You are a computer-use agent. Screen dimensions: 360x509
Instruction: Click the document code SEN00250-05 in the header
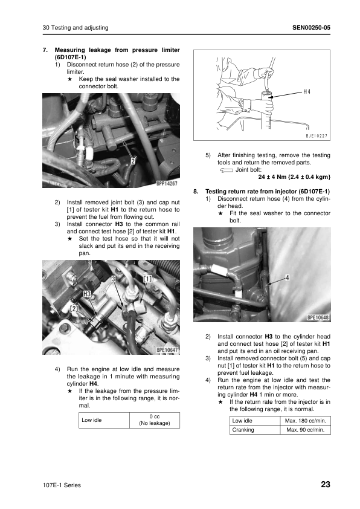[311, 28]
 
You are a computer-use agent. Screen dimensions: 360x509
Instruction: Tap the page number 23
[326, 484]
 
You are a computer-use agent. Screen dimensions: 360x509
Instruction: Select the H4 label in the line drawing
[307, 92]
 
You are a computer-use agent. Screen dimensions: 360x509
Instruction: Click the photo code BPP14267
[167, 183]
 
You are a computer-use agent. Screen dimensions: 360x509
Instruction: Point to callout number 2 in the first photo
[133, 160]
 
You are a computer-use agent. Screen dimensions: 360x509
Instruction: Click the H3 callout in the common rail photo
[87, 294]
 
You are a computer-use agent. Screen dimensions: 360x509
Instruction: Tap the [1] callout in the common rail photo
[147, 279]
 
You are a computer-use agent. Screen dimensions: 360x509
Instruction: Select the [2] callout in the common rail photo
[74, 308]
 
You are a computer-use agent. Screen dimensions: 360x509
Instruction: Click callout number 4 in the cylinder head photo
[287, 277]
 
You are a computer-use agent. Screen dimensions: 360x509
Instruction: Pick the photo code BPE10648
[318, 317]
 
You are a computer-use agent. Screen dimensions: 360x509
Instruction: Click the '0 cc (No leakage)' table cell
[155, 420]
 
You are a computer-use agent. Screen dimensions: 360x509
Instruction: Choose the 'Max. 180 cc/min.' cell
[306, 421]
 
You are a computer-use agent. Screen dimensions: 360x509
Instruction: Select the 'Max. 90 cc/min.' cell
[306, 430]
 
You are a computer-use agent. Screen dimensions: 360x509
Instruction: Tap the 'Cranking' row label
[243, 430]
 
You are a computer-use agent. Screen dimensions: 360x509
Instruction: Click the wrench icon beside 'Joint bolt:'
[227, 170]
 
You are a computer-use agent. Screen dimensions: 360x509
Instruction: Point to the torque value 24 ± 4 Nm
[270, 177]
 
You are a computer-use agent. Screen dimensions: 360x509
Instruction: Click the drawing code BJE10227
[317, 136]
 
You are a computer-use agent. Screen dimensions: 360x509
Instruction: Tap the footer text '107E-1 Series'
[62, 485]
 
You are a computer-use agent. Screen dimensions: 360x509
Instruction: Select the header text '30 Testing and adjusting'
[76, 28]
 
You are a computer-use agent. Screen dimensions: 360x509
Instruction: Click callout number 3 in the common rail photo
[114, 279]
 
